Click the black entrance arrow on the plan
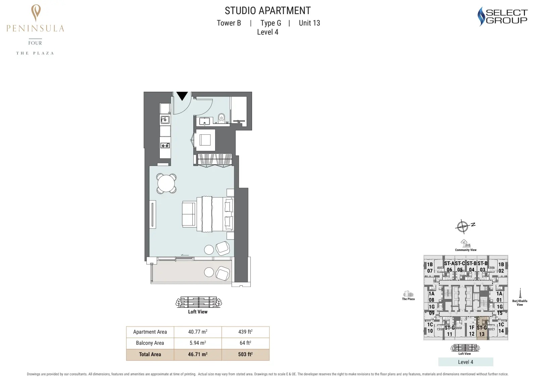pyautogui.click(x=182, y=96)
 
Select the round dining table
pyautogui.click(x=166, y=183)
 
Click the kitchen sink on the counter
pyautogui.click(x=165, y=119)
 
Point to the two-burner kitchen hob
pyautogui.click(x=165, y=145)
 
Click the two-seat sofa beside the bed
pyautogui.click(x=189, y=214)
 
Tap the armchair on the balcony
pyautogui.click(x=223, y=273)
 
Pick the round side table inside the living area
pyautogui.click(x=209, y=250)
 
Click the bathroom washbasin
pyautogui.click(x=204, y=121)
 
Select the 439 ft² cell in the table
pyautogui.click(x=245, y=332)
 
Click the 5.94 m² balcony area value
pyautogui.click(x=198, y=343)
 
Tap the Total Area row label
pyautogui.click(x=150, y=354)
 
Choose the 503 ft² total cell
pyautogui.click(x=245, y=354)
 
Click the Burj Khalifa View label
pyautogui.click(x=520, y=303)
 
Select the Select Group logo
pyautogui.click(x=502, y=16)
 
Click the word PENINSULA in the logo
pyautogui.click(x=35, y=29)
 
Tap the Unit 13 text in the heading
pyautogui.click(x=309, y=23)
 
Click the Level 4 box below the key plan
pyautogui.click(x=466, y=362)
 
